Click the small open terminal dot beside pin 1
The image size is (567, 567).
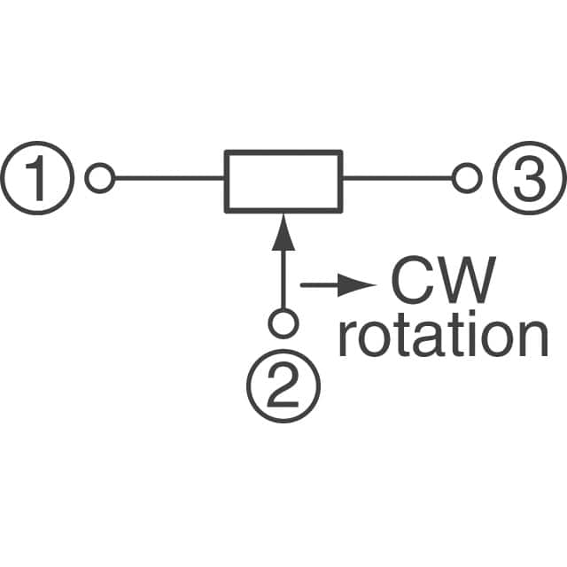(x=99, y=180)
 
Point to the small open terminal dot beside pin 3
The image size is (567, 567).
(x=463, y=180)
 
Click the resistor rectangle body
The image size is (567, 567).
(x=283, y=181)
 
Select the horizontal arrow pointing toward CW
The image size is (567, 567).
(x=337, y=285)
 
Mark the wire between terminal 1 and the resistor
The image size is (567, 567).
(x=167, y=180)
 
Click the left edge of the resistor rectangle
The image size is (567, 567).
(x=226, y=181)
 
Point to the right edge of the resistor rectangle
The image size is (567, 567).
(x=340, y=181)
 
